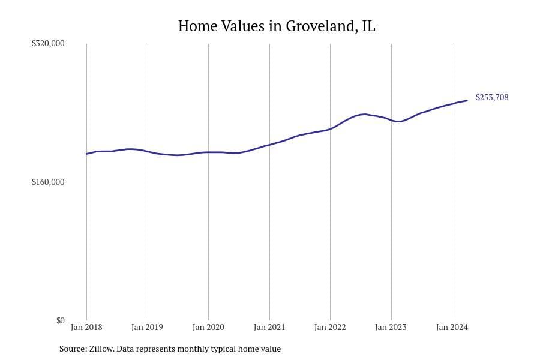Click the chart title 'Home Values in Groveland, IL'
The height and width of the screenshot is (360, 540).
pos(277,26)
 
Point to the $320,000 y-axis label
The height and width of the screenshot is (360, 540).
pos(48,44)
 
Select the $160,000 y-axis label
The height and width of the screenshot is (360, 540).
pos(48,182)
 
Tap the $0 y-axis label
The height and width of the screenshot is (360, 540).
pos(60,320)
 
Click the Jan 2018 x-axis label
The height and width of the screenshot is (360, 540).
pos(86,328)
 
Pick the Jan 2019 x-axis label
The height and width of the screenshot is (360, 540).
pos(148,328)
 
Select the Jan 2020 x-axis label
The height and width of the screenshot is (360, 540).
pos(208,328)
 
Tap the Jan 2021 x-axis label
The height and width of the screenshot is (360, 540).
pos(269,328)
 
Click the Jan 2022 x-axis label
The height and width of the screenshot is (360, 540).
pos(330,328)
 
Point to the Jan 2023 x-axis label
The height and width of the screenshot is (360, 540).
pos(391,328)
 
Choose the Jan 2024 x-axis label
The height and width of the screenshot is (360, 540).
pos(451,328)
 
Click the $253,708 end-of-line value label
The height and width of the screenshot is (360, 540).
pos(492,97)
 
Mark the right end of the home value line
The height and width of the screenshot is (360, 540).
pos(467,100)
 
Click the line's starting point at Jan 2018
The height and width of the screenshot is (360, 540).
pos(87,154)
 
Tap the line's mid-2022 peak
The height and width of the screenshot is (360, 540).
pos(363,114)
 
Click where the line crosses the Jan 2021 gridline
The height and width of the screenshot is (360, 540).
pos(269,145)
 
